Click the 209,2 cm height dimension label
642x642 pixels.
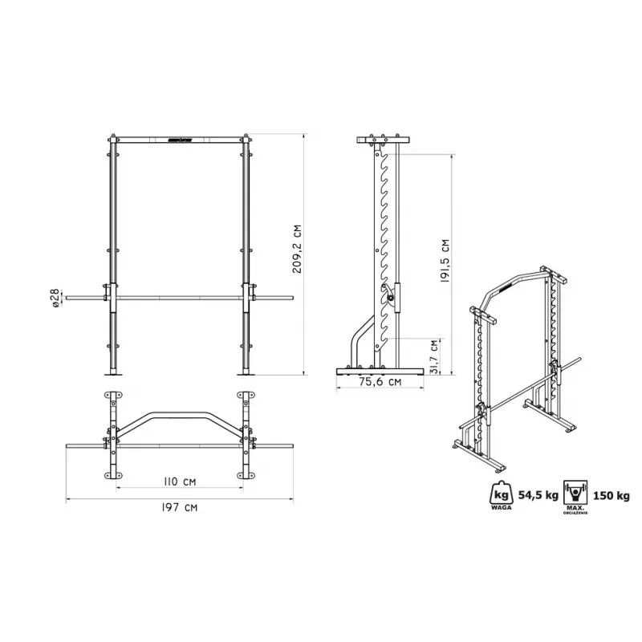[x=297, y=250]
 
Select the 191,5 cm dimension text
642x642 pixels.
[x=445, y=262]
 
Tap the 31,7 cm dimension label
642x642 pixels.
[x=434, y=356]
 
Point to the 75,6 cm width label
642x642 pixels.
[x=380, y=382]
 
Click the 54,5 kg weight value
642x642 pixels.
[x=538, y=495]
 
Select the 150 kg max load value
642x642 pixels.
[x=613, y=495]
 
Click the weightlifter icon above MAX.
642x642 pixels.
[x=575, y=491]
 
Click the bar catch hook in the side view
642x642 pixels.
[x=390, y=295]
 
